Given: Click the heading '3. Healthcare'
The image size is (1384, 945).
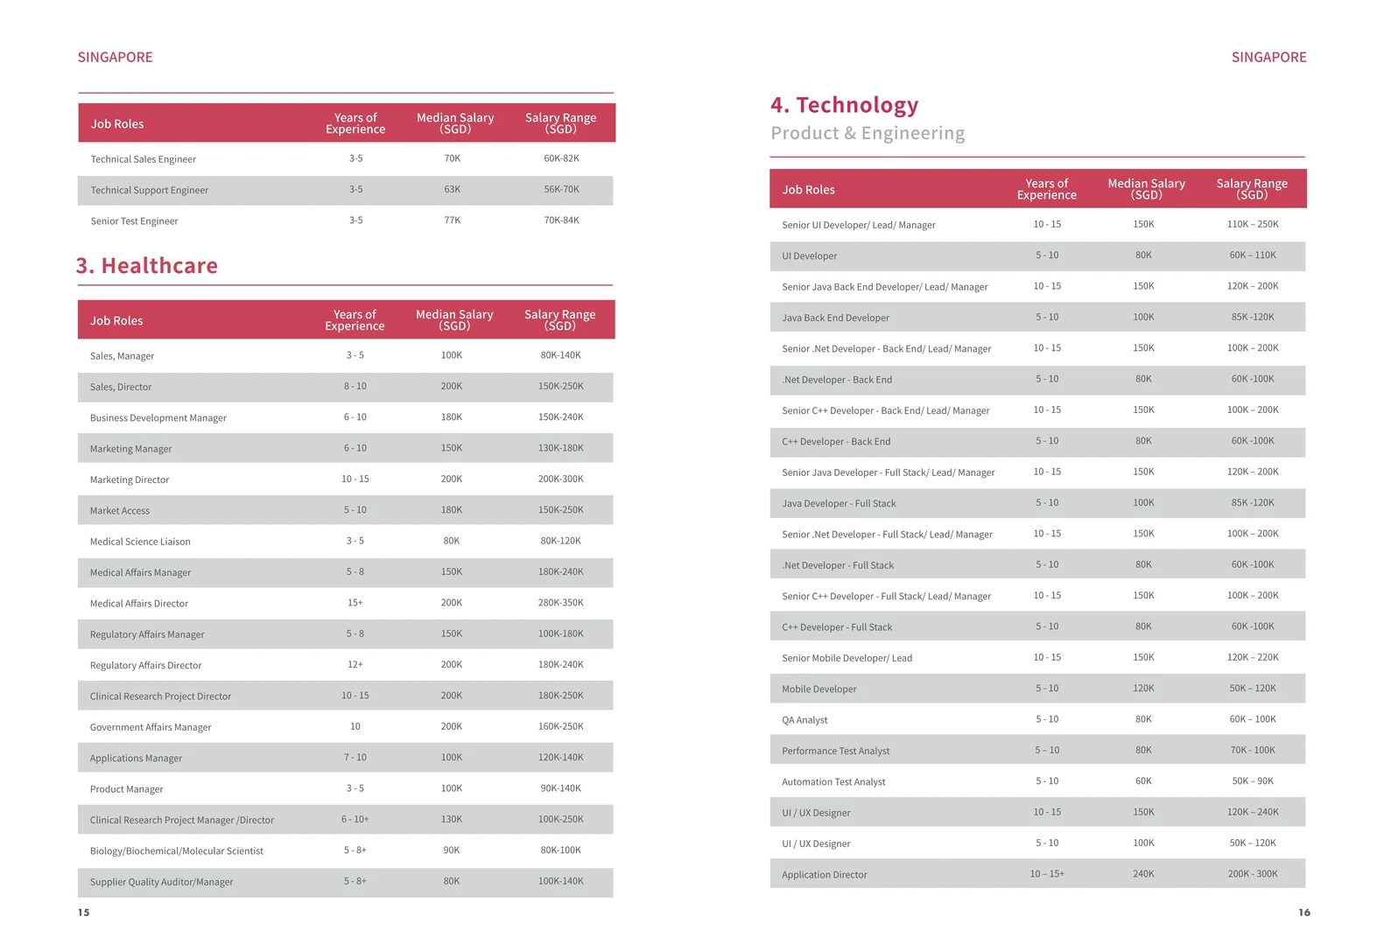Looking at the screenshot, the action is click(147, 265).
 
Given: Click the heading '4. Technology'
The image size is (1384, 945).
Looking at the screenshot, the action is click(844, 105).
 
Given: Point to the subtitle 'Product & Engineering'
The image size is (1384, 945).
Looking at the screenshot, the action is click(868, 133).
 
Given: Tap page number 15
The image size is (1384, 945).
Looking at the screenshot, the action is click(83, 913).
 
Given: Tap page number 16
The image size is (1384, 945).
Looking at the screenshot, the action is click(1303, 913).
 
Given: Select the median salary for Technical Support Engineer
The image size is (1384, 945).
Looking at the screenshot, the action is click(453, 190).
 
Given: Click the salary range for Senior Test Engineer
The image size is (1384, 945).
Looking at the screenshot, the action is click(561, 220).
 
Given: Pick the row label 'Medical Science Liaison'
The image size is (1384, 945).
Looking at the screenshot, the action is click(140, 542).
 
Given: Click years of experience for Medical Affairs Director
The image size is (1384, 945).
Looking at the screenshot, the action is click(355, 603).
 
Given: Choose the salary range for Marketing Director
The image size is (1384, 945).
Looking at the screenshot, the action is click(560, 479).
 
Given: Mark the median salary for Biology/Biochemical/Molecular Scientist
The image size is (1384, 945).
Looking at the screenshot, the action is click(452, 850).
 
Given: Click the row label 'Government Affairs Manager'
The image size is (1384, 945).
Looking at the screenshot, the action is click(151, 728).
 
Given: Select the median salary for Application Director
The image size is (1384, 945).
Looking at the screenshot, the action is click(1143, 874).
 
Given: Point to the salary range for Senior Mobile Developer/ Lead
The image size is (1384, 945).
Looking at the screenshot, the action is click(1253, 658).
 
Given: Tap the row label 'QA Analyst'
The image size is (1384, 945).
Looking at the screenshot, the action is click(804, 720).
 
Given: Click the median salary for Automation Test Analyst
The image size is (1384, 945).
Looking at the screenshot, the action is click(1143, 781).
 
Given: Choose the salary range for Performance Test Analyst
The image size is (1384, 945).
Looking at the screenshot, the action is click(1253, 751).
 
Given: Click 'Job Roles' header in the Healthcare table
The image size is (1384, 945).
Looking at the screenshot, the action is click(116, 320).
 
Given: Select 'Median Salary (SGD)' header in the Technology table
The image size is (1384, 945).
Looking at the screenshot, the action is click(1146, 189).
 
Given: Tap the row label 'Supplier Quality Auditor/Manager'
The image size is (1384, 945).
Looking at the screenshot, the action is click(161, 882).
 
